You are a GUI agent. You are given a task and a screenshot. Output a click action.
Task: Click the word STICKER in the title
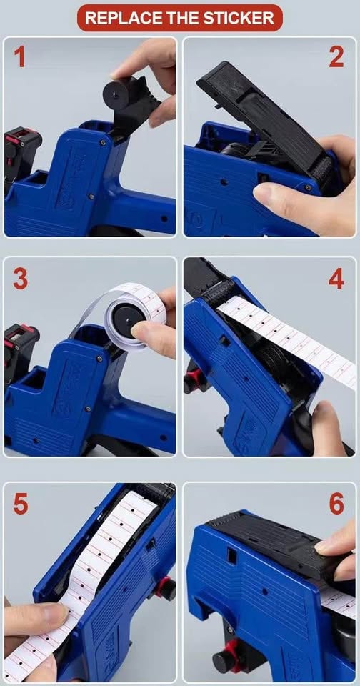click(x=240, y=18)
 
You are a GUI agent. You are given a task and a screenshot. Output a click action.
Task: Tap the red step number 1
click(x=19, y=56)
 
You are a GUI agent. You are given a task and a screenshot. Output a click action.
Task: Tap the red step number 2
click(x=336, y=56)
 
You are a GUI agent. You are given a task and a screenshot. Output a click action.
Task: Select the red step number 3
click(x=20, y=278)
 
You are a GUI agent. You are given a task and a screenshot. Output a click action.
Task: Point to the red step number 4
click(x=336, y=278)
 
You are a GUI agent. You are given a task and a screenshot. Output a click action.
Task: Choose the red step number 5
click(x=20, y=504)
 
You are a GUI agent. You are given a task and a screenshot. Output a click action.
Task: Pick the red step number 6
click(x=336, y=504)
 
